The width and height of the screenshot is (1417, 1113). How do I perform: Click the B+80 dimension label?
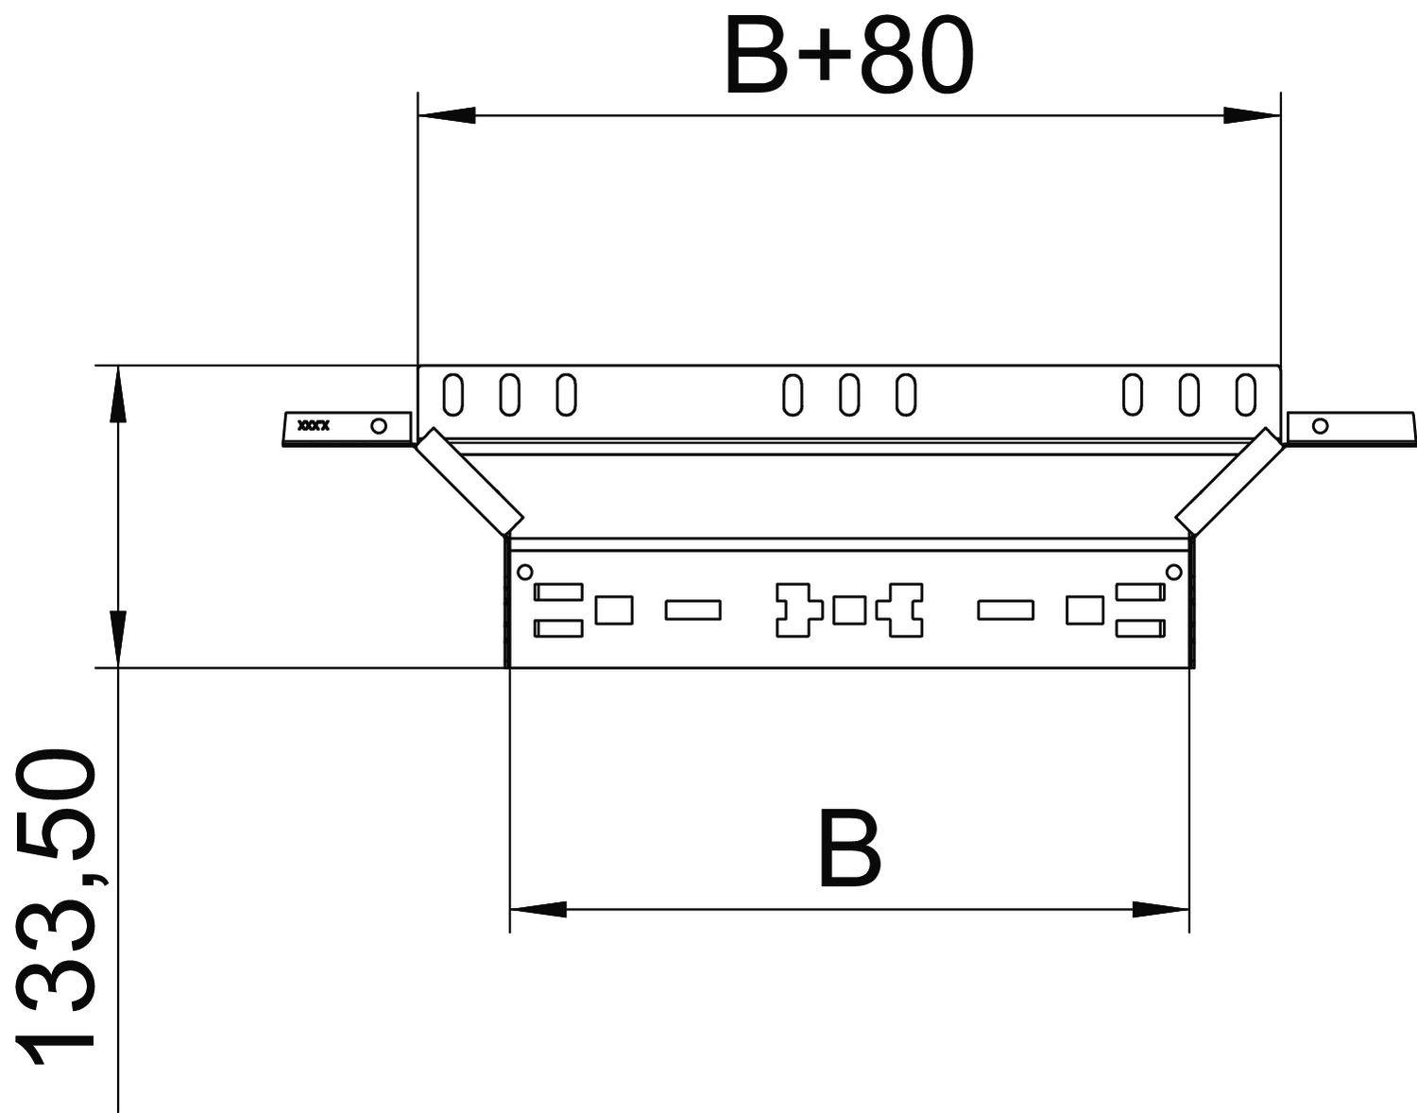tap(848, 59)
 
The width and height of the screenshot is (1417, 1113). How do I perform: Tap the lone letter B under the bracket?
tap(849, 848)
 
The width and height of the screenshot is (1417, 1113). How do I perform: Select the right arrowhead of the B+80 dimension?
tap(1252, 115)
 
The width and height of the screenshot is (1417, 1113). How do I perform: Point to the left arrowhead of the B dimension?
tap(538, 909)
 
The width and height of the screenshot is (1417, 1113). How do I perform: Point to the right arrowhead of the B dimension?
tap(1161, 909)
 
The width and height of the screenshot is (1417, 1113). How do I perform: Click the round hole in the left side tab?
tap(379, 426)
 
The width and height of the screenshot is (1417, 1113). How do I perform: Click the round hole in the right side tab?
tap(1321, 426)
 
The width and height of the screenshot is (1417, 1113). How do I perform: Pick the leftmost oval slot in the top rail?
tap(453, 394)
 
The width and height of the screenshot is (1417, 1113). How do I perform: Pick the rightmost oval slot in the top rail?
tap(1246, 394)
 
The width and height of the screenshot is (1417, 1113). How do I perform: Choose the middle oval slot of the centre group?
tap(849, 394)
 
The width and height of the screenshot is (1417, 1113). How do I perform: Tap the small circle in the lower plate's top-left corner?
tap(525, 571)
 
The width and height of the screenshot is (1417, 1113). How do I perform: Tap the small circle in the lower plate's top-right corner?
tap(1173, 571)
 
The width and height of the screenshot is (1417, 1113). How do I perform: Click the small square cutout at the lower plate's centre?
tap(849, 610)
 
